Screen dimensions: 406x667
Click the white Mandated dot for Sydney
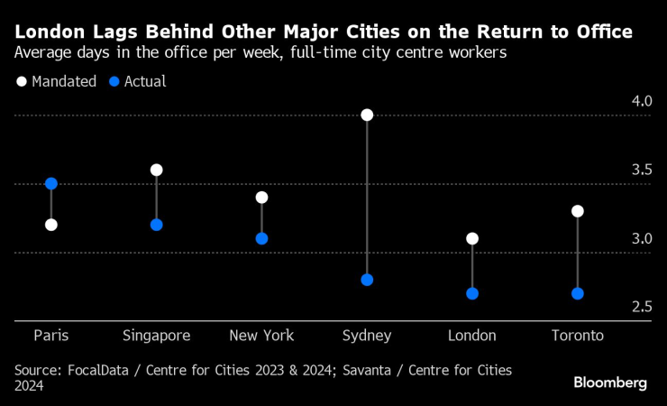(x=367, y=115)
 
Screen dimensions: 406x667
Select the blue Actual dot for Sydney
(x=367, y=280)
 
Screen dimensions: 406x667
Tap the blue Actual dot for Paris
(x=51, y=184)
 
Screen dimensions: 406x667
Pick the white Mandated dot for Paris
(x=51, y=225)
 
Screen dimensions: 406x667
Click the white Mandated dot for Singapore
(x=157, y=170)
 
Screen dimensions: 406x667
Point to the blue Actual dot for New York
(x=261, y=239)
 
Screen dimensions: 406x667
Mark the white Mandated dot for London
(x=472, y=239)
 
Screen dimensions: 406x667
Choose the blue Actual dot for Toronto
(x=578, y=293)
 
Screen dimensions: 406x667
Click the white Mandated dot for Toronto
(x=578, y=211)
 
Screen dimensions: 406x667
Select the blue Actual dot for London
(x=472, y=293)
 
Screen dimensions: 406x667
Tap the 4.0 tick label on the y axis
(x=641, y=101)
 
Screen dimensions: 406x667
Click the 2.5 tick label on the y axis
(x=641, y=308)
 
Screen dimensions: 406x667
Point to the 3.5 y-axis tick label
(x=641, y=170)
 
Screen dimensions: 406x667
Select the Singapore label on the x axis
(x=157, y=336)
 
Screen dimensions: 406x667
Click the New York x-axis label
(x=261, y=336)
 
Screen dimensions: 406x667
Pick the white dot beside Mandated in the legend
(x=22, y=81)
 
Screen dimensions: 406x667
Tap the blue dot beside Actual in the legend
(x=114, y=81)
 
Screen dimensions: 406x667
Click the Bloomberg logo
(x=610, y=383)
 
